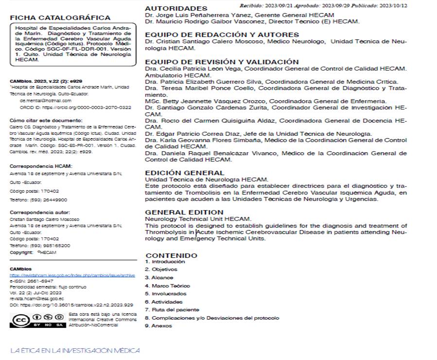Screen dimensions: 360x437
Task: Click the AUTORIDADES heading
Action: tap(176, 8)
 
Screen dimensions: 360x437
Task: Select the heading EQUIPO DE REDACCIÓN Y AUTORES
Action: tap(222, 35)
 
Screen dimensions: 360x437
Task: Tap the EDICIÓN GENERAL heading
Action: tap(185, 172)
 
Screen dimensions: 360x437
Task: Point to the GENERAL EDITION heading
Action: tap(184, 212)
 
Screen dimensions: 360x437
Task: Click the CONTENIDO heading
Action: tap(172, 255)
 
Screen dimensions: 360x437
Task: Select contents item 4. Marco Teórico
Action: tap(168, 286)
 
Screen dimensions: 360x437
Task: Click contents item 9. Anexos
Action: tap(158, 326)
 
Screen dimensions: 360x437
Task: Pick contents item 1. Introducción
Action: tap(165, 261)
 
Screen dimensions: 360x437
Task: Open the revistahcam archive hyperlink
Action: tap(72, 275)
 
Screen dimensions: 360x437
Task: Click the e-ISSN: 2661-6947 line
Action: tap(32, 281)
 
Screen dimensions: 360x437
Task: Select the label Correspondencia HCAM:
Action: tap(34, 166)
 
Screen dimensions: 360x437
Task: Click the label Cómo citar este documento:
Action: tap(46, 120)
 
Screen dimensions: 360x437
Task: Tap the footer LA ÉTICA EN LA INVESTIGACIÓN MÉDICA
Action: tap(75, 350)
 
